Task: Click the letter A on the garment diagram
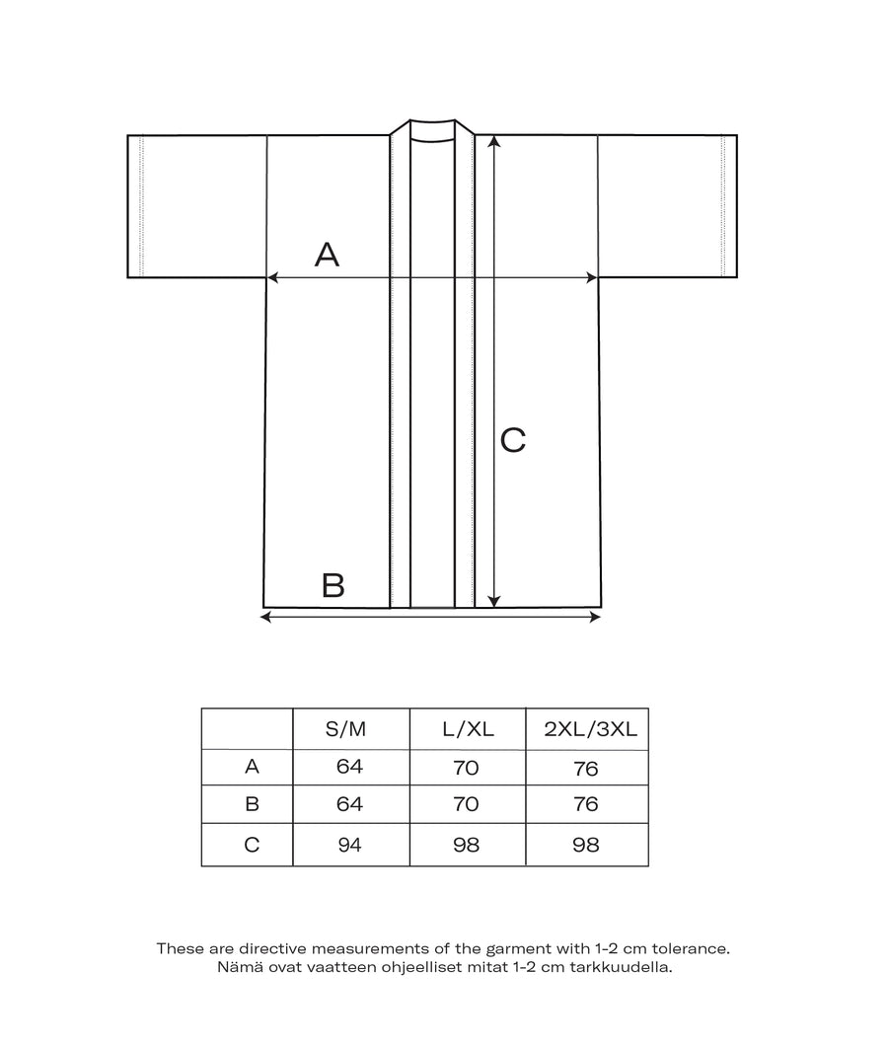click(327, 255)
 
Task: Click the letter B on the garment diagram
click(333, 585)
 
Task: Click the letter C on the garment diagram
click(513, 440)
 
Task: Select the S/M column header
click(345, 729)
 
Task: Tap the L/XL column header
click(468, 729)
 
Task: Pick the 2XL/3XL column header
click(586, 729)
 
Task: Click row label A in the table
click(252, 767)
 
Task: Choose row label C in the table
click(252, 845)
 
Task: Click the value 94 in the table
click(349, 845)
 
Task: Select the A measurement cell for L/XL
click(468, 767)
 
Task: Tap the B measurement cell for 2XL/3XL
click(586, 805)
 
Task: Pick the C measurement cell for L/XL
click(468, 845)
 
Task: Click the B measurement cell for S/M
click(349, 805)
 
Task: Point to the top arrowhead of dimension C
click(495, 141)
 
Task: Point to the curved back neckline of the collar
click(432, 140)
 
